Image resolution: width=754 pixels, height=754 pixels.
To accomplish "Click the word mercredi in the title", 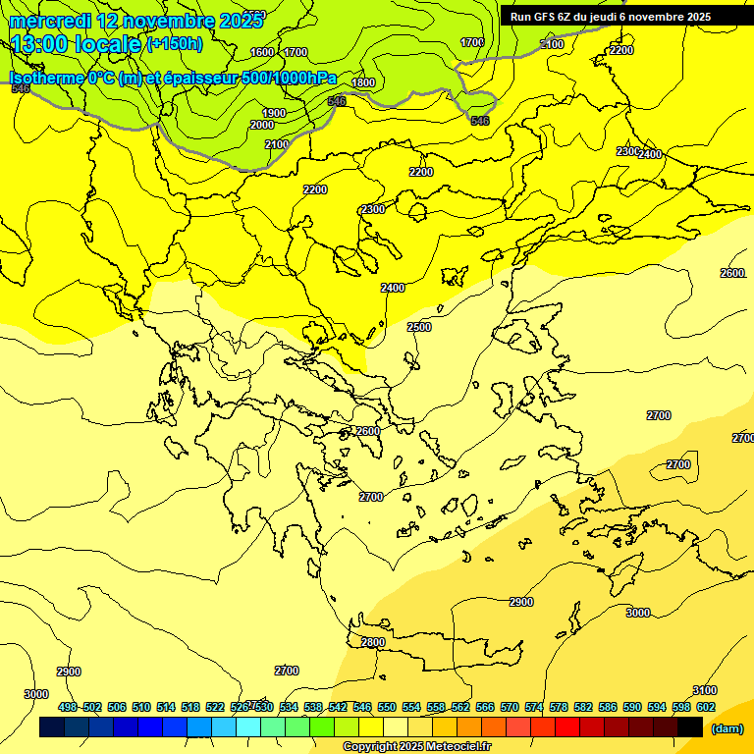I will (52, 21).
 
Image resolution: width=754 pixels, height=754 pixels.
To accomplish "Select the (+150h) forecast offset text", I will (175, 43).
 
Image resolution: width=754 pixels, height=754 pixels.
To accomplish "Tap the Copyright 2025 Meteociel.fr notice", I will (416, 746).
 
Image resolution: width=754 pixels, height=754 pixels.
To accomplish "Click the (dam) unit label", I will (727, 727).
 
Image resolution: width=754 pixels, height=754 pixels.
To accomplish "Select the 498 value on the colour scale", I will (68, 707).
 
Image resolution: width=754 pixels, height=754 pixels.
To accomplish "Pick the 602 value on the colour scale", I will (705, 707).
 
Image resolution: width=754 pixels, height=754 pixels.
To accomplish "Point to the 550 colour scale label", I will (387, 707).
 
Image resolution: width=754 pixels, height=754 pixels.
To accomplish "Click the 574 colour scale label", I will (534, 707).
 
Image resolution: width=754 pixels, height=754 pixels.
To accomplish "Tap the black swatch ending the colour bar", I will (690, 727).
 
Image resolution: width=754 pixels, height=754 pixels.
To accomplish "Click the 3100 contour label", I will (704, 690).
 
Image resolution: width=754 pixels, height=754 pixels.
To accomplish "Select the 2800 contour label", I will (373, 642).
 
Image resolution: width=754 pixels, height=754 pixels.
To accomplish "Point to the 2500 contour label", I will (419, 327).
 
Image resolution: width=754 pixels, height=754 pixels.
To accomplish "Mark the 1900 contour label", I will (274, 113).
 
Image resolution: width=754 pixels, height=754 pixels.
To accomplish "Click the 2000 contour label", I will (262, 125).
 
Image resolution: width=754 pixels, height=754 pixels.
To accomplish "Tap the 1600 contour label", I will (262, 52).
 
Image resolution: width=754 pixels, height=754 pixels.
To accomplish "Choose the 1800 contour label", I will (363, 82).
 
